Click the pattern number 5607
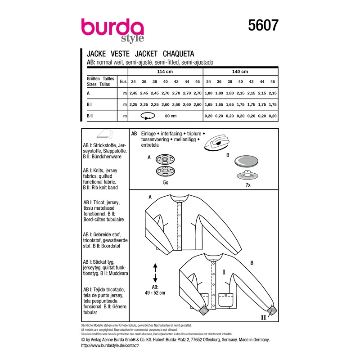[x=263, y=25]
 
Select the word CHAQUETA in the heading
[x=178, y=54]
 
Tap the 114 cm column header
[x=165, y=72]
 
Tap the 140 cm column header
[x=240, y=72]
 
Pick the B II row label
[x=90, y=116]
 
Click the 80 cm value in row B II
[x=171, y=116]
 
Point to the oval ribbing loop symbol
[x=148, y=116]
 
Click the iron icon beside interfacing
[x=217, y=143]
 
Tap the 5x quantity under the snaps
[x=166, y=183]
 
